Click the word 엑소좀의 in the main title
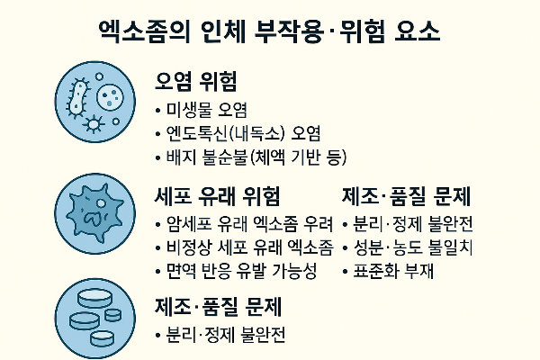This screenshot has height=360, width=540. point(144,32)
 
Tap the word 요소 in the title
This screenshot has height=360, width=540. point(418,32)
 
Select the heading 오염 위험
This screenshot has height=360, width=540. point(196,81)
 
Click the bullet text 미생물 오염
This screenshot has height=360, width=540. point(207,110)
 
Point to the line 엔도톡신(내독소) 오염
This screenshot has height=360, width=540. point(244,134)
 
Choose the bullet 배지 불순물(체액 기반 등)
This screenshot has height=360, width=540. point(256,157)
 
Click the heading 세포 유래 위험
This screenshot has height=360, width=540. point(217,196)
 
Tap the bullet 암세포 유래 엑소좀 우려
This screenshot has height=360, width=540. point(249,224)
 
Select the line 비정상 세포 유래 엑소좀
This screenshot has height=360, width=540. point(249,247)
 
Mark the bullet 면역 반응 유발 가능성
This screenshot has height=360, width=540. point(241,271)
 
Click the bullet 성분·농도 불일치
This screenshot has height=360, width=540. point(413,247)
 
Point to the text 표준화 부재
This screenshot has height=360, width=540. point(393,271)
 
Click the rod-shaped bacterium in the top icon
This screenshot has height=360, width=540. point(77,98)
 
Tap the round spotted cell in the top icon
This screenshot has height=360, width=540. point(110,95)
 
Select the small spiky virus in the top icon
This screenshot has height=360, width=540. point(93,123)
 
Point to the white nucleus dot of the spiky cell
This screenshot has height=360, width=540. point(101,203)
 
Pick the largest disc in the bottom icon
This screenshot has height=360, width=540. point(94,298)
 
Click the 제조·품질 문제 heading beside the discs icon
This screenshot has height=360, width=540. point(219,307)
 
